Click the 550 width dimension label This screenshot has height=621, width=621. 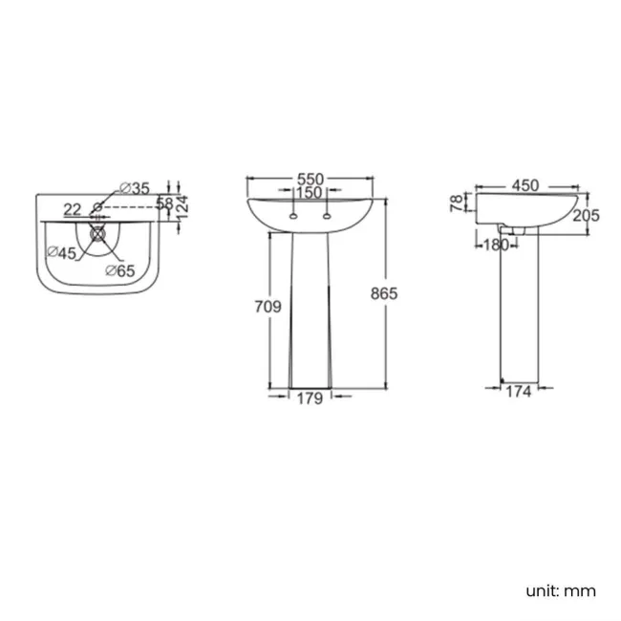coord(310,179)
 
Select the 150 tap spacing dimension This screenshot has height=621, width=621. coord(309,193)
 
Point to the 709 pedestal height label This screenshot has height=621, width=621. coord(268,307)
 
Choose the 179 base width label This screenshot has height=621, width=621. coord(310,399)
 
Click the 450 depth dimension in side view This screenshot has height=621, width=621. coord(525,185)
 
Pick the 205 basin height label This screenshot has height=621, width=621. coord(586,216)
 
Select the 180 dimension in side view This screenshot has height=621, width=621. coord(495,244)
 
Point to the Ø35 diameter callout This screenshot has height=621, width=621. coord(135,188)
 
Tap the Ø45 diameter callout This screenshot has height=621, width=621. coord(62,253)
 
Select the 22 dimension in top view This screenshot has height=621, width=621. coord(73,208)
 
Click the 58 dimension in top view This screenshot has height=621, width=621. coord(164,203)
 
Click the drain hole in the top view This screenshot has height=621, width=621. coord(96,231)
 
